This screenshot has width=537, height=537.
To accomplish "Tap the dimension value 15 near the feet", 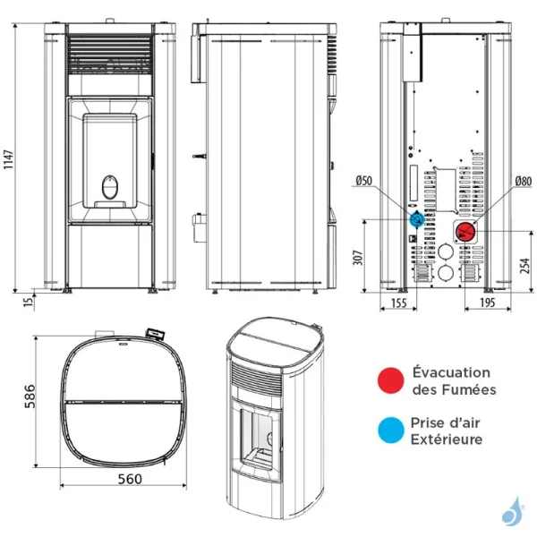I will pyautogui.click(x=29, y=303).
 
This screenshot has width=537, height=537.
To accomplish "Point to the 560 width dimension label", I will pyautogui.click(x=129, y=479).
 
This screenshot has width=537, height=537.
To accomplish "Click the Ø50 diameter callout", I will pyautogui.click(x=363, y=181).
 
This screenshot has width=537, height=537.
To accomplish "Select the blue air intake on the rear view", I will pyautogui.click(x=417, y=218).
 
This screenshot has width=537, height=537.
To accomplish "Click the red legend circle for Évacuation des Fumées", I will pyautogui.click(x=388, y=380).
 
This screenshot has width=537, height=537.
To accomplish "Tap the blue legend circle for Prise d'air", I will pyautogui.click(x=388, y=430).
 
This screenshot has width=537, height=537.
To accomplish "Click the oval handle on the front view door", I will pyautogui.click(x=111, y=187).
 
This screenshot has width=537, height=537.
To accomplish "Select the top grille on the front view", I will pyautogui.click(x=112, y=55).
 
